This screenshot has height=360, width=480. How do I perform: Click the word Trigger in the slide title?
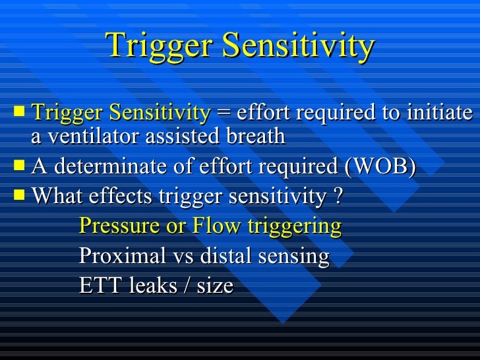click(x=158, y=45)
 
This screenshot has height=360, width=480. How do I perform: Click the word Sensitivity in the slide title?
click(x=297, y=45)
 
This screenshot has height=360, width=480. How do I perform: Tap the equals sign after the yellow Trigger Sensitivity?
click(x=224, y=113)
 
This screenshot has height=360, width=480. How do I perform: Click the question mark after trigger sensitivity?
click(x=337, y=196)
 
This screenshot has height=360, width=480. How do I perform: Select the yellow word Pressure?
click(x=117, y=226)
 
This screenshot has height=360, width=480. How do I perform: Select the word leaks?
click(x=146, y=286)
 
